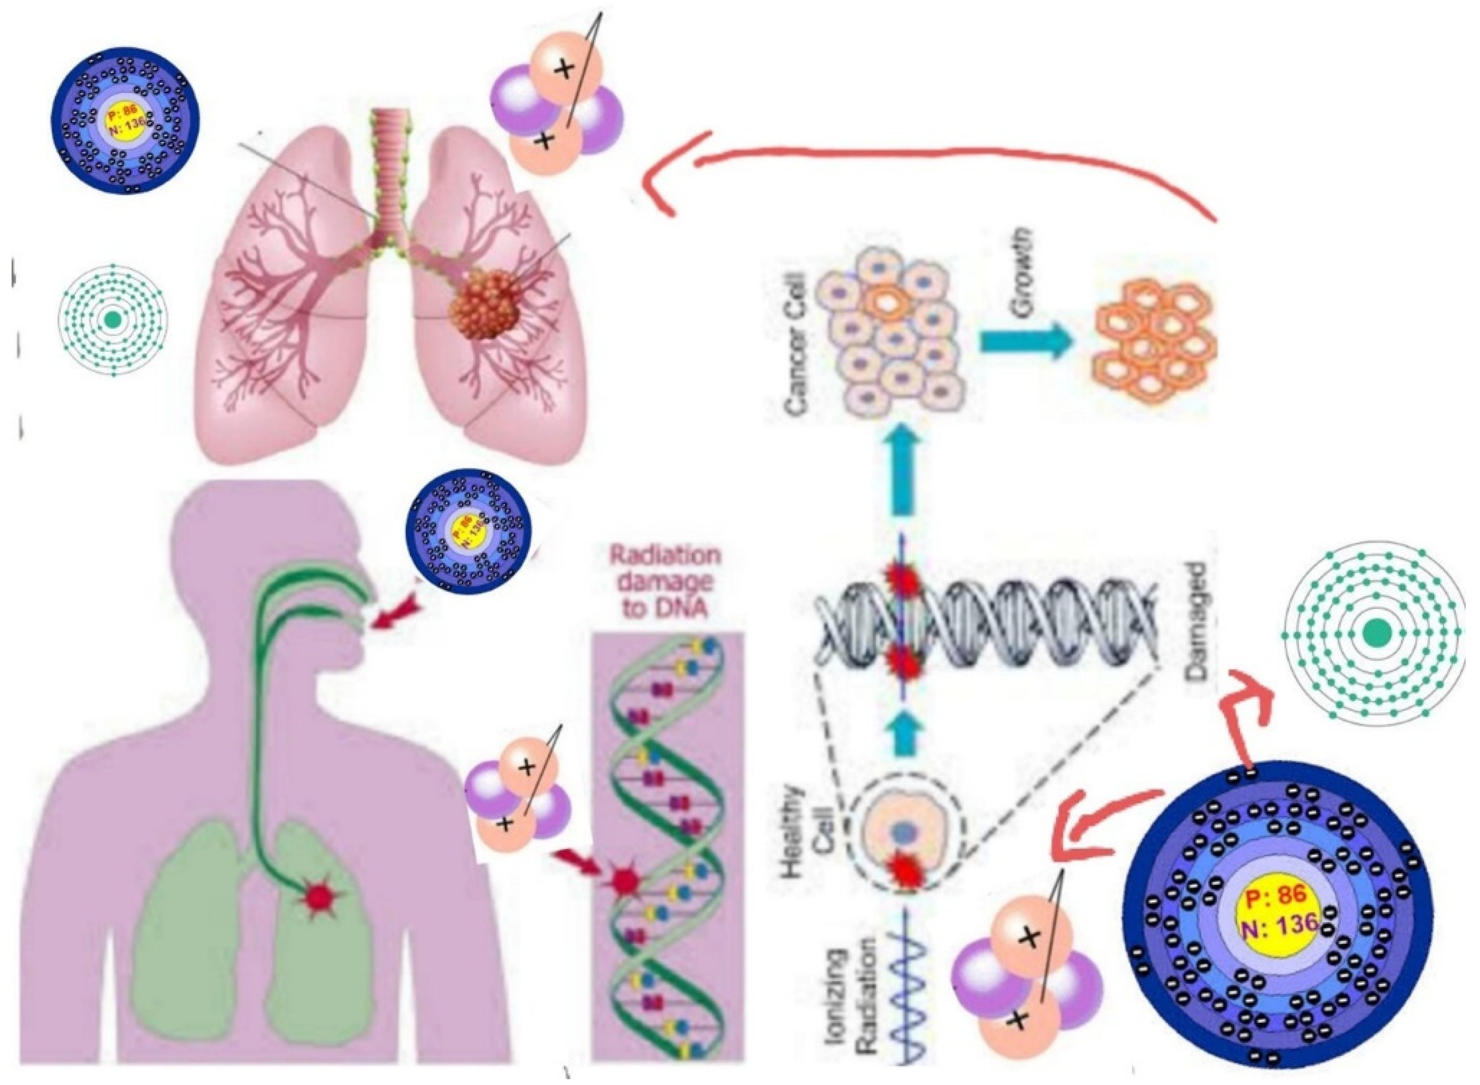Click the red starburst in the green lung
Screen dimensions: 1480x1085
coord(320,895)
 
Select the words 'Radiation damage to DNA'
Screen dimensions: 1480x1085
coord(665,583)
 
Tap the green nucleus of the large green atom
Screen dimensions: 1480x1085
coord(1376,634)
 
